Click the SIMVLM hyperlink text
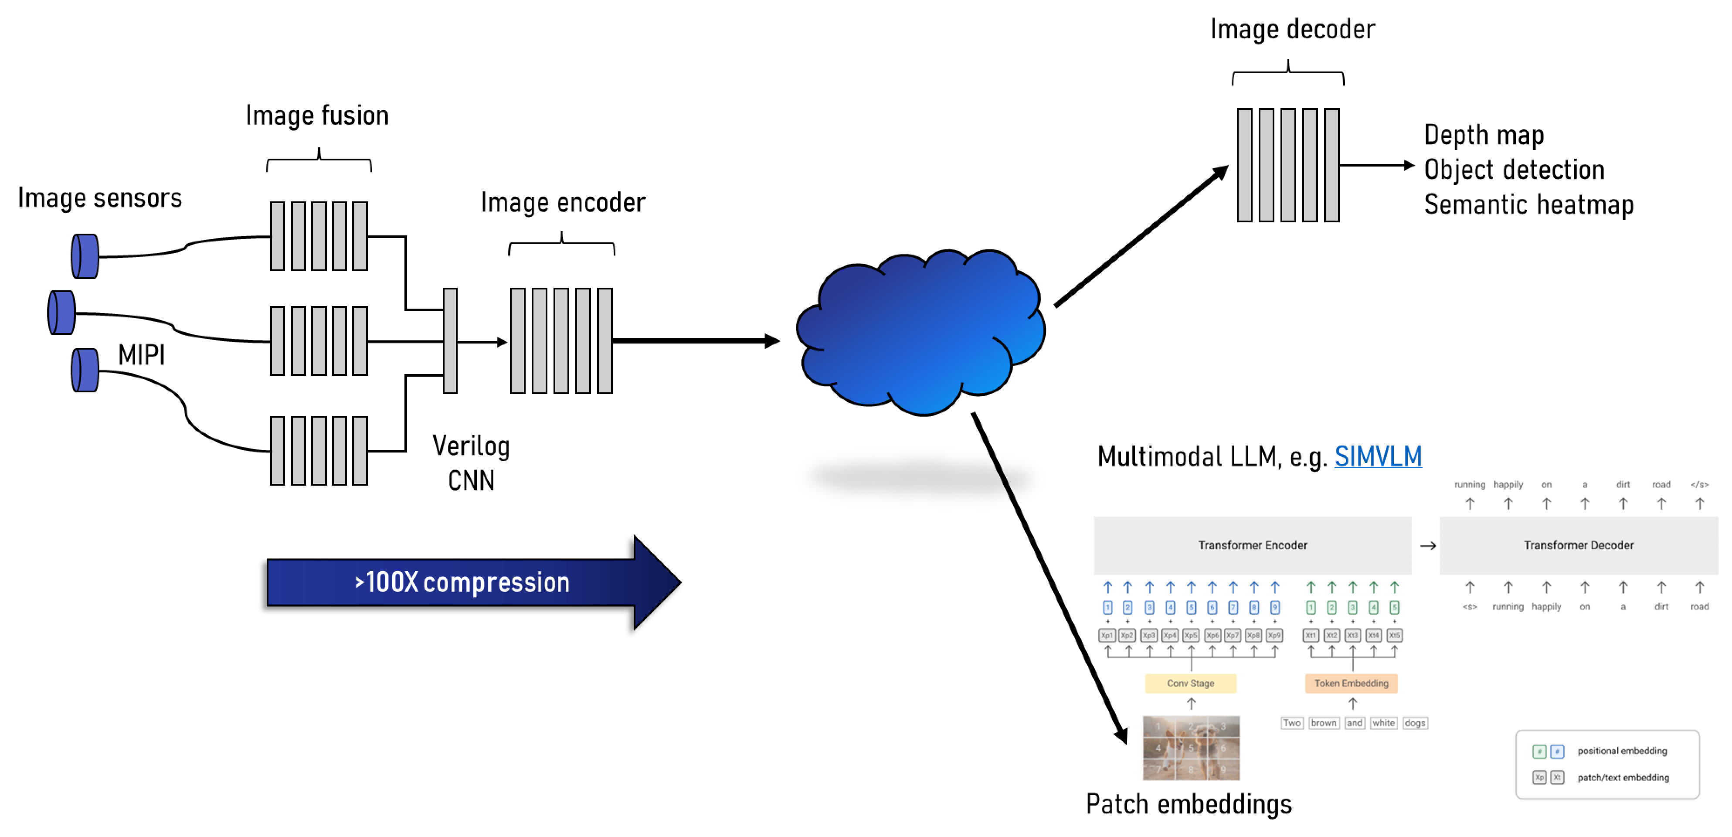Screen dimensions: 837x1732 point(1378,456)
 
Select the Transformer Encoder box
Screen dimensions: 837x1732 point(1252,545)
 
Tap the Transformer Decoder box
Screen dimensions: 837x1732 point(1578,545)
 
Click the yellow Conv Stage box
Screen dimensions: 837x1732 point(1190,683)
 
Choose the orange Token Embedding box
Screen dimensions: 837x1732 point(1351,683)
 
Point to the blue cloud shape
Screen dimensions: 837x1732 point(921,333)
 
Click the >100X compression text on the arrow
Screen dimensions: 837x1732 point(462,582)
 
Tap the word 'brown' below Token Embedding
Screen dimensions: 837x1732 point(1323,723)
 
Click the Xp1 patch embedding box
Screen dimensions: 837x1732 point(1107,635)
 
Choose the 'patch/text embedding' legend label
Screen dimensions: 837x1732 point(1623,778)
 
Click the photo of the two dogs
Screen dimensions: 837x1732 point(1191,748)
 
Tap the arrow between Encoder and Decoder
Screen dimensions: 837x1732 point(1427,546)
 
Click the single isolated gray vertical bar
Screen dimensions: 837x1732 point(450,341)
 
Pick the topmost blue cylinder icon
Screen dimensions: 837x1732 point(85,256)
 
